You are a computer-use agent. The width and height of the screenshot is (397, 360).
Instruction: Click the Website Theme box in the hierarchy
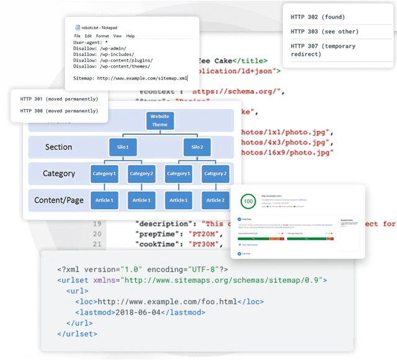(x=160, y=120)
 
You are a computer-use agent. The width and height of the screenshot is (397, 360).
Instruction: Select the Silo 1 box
(x=123, y=147)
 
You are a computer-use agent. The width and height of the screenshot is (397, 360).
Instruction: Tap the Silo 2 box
(x=197, y=147)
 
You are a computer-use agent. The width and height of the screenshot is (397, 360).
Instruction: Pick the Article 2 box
(x=215, y=200)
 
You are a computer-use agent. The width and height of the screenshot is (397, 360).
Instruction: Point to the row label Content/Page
(x=59, y=200)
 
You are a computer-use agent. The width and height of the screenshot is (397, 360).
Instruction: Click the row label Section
(x=58, y=147)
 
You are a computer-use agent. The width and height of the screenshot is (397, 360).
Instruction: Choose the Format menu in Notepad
(x=102, y=36)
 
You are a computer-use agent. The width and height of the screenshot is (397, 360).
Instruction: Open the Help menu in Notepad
(x=130, y=36)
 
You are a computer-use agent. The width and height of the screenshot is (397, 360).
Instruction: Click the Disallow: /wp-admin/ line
(x=99, y=48)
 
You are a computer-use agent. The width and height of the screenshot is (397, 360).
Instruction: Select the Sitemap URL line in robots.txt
(x=130, y=79)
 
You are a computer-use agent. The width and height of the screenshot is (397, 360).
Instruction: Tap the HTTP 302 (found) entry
(x=318, y=17)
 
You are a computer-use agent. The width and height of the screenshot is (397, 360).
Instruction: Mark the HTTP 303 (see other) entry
(x=324, y=32)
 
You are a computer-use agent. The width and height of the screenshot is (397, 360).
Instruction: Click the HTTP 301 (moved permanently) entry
(x=59, y=99)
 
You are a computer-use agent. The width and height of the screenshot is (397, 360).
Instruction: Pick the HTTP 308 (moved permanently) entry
(x=59, y=111)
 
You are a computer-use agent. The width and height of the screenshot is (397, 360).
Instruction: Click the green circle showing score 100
(x=248, y=201)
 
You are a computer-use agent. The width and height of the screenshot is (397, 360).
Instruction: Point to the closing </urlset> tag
(x=77, y=334)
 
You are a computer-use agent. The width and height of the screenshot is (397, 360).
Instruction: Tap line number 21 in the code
(x=96, y=244)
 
